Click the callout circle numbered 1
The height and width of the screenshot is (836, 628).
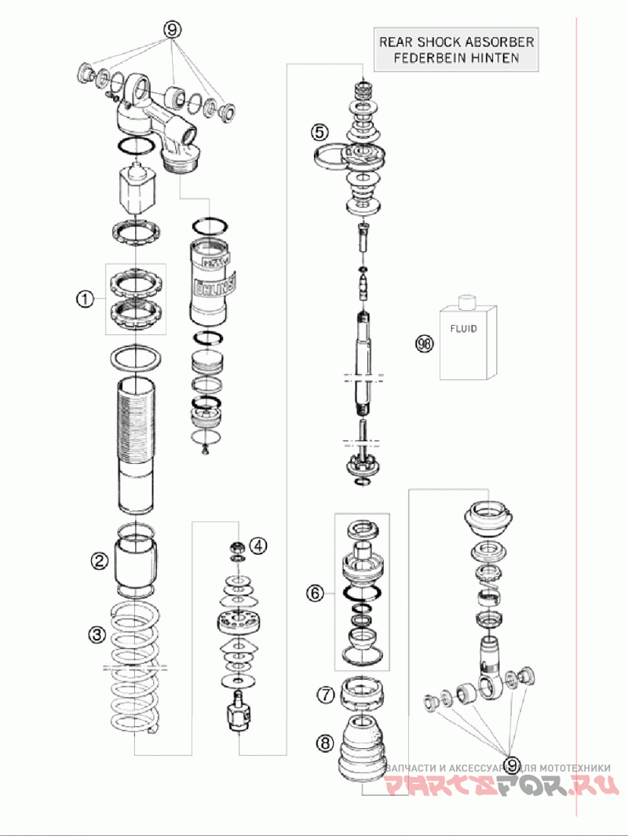click(85, 298)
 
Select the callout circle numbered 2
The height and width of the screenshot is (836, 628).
click(99, 560)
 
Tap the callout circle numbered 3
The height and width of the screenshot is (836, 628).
click(96, 634)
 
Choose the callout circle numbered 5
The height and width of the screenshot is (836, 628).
click(319, 131)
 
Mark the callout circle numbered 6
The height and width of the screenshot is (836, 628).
click(315, 593)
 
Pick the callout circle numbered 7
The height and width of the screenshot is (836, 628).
click(325, 694)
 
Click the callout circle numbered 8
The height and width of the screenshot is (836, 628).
click(325, 740)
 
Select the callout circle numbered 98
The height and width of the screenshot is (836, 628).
click(424, 343)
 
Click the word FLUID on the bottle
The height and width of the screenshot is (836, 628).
click(462, 329)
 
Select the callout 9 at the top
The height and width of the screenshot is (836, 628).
click(173, 29)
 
